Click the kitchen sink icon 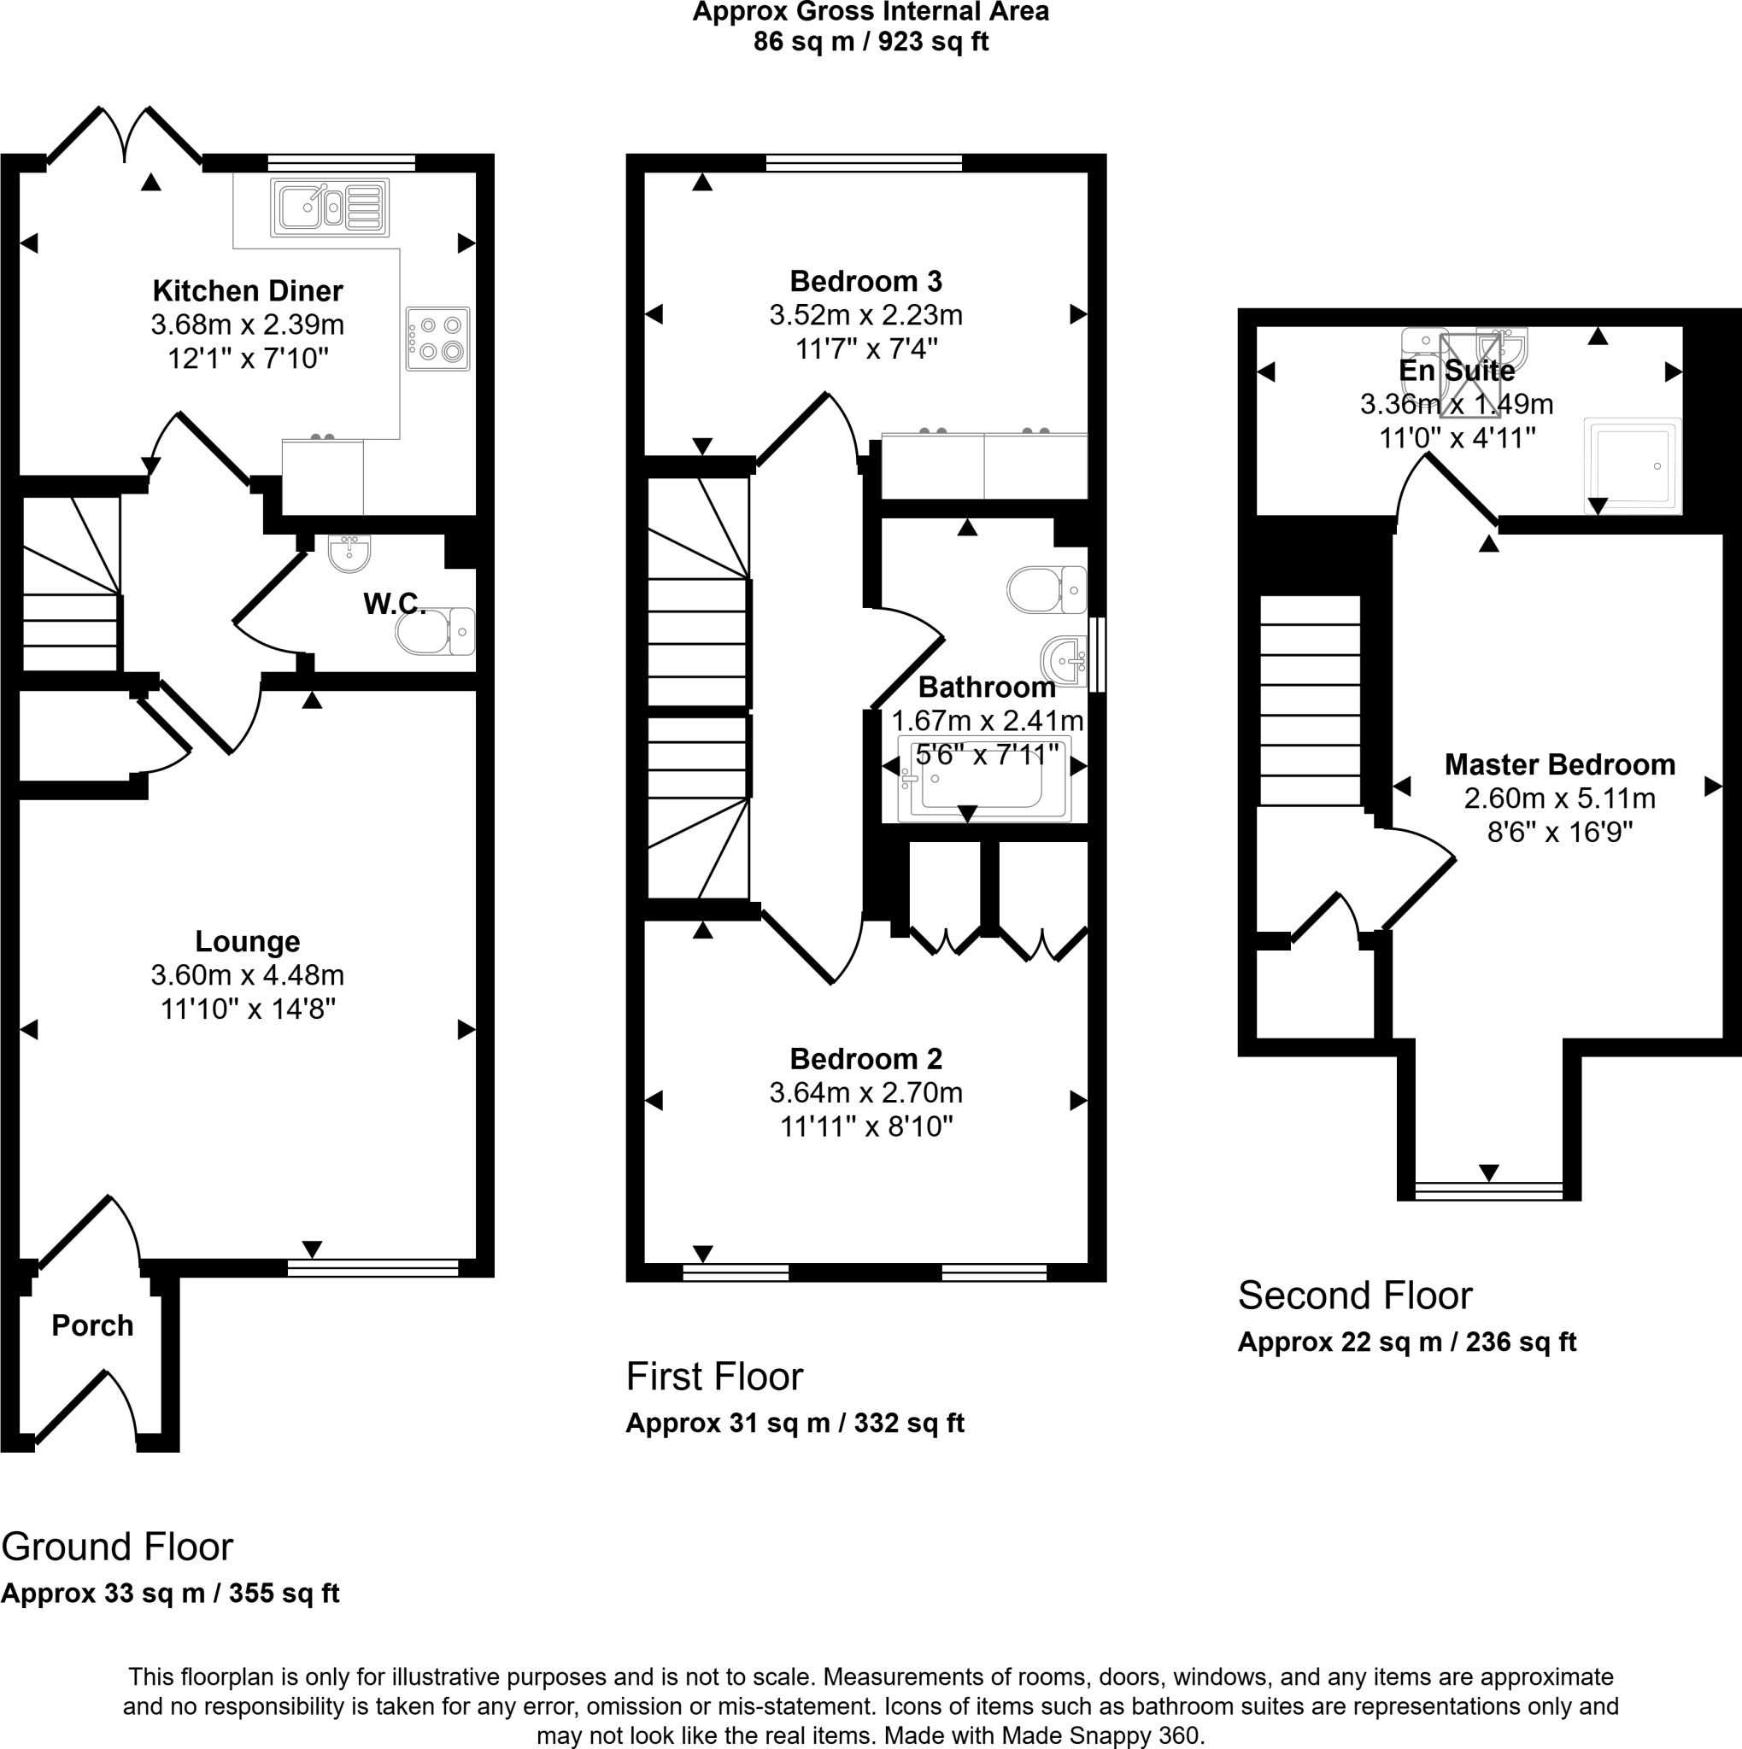[330, 208]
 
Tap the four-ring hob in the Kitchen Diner [437, 338]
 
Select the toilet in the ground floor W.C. [435, 631]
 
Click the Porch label [92, 1325]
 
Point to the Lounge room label [247, 941]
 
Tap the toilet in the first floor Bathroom [1047, 590]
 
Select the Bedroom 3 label [865, 282]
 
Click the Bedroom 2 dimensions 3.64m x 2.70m [865, 1092]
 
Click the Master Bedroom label [1559, 764]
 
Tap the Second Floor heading [1354, 1296]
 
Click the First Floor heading [714, 1376]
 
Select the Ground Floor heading [117, 1547]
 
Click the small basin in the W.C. [349, 553]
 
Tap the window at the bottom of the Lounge [373, 1268]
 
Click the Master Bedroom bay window [1488, 1190]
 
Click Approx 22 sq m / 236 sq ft [1406, 1342]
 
